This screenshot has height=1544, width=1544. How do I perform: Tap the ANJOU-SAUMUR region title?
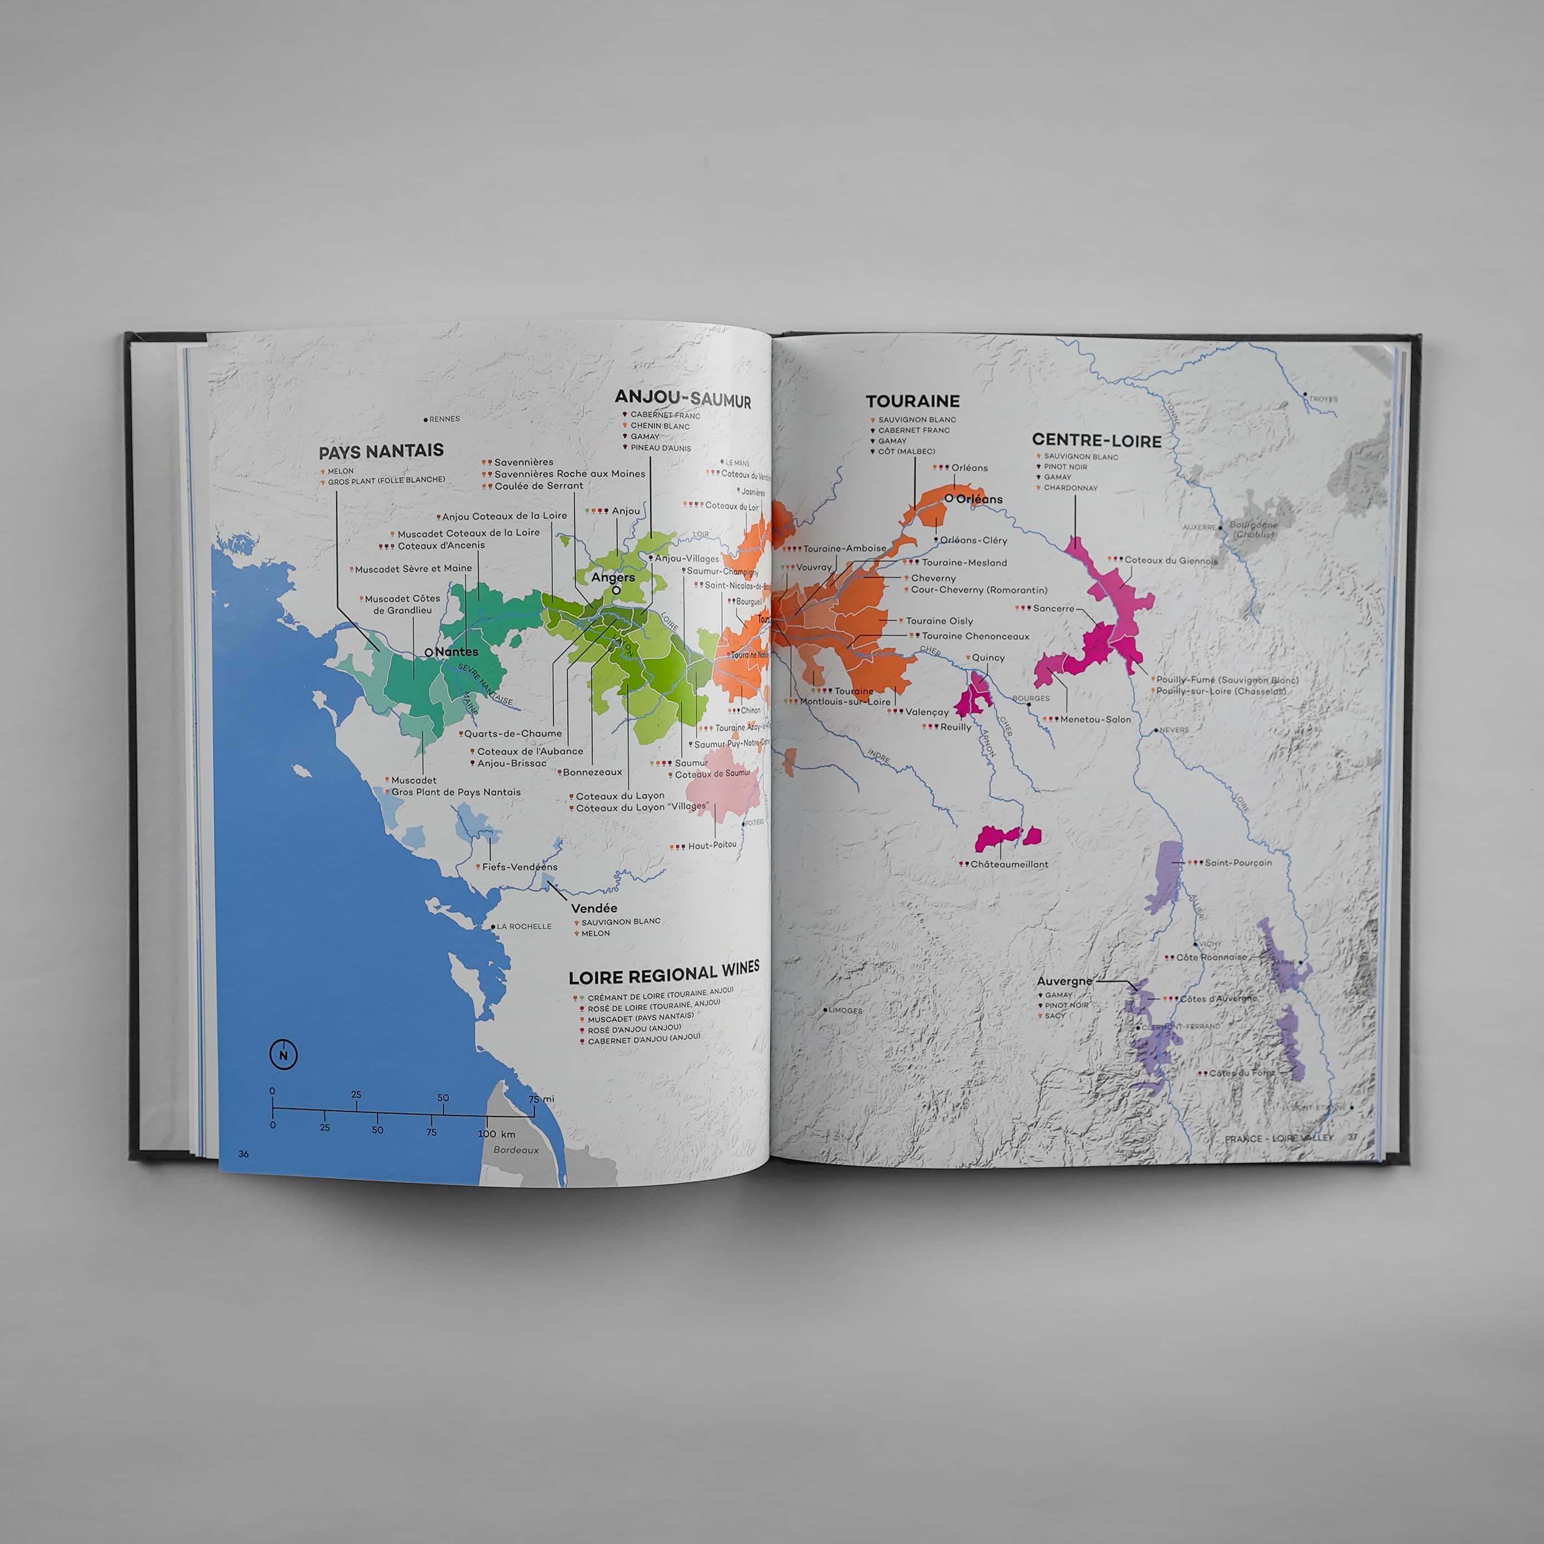pyautogui.click(x=682, y=399)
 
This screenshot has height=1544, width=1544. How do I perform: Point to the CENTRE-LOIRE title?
pyautogui.click(x=1096, y=440)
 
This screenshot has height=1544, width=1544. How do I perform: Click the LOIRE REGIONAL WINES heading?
pyautogui.click(x=663, y=973)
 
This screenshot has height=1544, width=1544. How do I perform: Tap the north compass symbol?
pyautogui.click(x=283, y=1055)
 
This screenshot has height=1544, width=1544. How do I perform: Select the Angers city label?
pyautogui.click(x=613, y=578)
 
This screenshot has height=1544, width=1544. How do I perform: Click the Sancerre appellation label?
pyautogui.click(x=1053, y=608)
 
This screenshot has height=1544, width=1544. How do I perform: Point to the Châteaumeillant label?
pyautogui.click(x=1009, y=864)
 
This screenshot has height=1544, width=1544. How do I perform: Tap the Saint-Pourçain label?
pyautogui.click(x=1237, y=862)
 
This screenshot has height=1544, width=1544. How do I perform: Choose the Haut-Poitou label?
pyautogui.click(x=711, y=845)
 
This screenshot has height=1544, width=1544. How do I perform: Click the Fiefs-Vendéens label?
pyautogui.click(x=519, y=866)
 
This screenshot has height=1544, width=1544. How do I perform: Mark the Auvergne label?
pyautogui.click(x=1064, y=981)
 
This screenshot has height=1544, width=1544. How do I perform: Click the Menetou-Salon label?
pyautogui.click(x=1095, y=719)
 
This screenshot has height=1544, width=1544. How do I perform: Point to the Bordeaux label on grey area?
pyautogui.click(x=515, y=1149)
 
